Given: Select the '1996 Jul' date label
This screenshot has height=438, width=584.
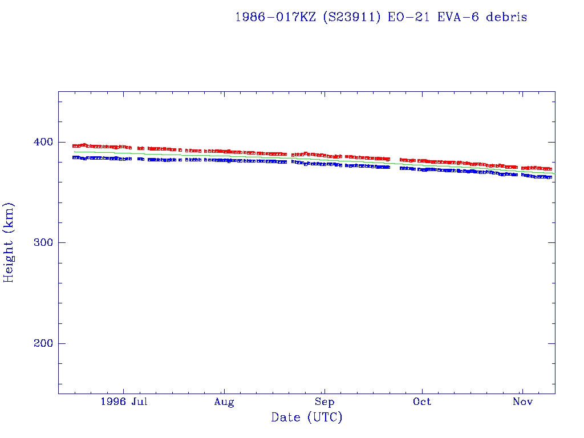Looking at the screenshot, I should [x=124, y=401].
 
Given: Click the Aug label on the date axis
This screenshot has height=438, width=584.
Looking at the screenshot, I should [x=224, y=402].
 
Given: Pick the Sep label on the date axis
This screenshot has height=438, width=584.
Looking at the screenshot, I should [x=325, y=401].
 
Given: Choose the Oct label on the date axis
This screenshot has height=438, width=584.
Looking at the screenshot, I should [x=422, y=401].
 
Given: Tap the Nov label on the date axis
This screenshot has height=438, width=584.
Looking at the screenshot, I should [x=522, y=401].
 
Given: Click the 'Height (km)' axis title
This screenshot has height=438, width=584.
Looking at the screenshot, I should [x=9, y=242].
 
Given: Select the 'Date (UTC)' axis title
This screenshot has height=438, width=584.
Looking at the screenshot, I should [x=307, y=418].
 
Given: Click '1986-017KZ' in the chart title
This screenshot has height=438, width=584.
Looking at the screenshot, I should [x=275, y=17].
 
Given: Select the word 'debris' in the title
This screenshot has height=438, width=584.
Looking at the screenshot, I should [x=507, y=17].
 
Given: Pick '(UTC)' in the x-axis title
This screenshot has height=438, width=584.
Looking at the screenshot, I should [x=325, y=418].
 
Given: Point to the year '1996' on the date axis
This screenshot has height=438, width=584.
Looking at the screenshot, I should [x=113, y=401].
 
